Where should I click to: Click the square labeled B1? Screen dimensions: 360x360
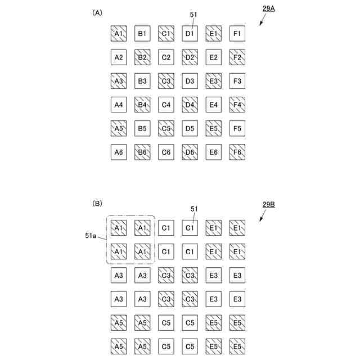click(x=142, y=34)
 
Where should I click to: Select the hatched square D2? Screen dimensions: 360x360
click(x=190, y=57)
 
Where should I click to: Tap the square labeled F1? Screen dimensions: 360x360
click(x=237, y=34)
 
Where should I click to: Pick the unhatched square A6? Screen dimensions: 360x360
click(x=119, y=152)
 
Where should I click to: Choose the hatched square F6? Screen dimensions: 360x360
click(x=237, y=152)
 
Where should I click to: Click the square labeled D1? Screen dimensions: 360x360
click(x=190, y=34)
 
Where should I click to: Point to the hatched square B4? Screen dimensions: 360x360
click(x=142, y=105)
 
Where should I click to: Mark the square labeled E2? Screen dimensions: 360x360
click(x=213, y=57)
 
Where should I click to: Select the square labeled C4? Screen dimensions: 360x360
click(x=166, y=105)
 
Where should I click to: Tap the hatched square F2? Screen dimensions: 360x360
click(x=237, y=57)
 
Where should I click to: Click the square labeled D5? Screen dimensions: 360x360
click(x=190, y=128)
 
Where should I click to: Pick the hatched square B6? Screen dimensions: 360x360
click(x=142, y=152)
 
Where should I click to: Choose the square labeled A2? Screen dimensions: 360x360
click(x=119, y=57)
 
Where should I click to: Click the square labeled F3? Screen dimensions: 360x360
click(x=237, y=81)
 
